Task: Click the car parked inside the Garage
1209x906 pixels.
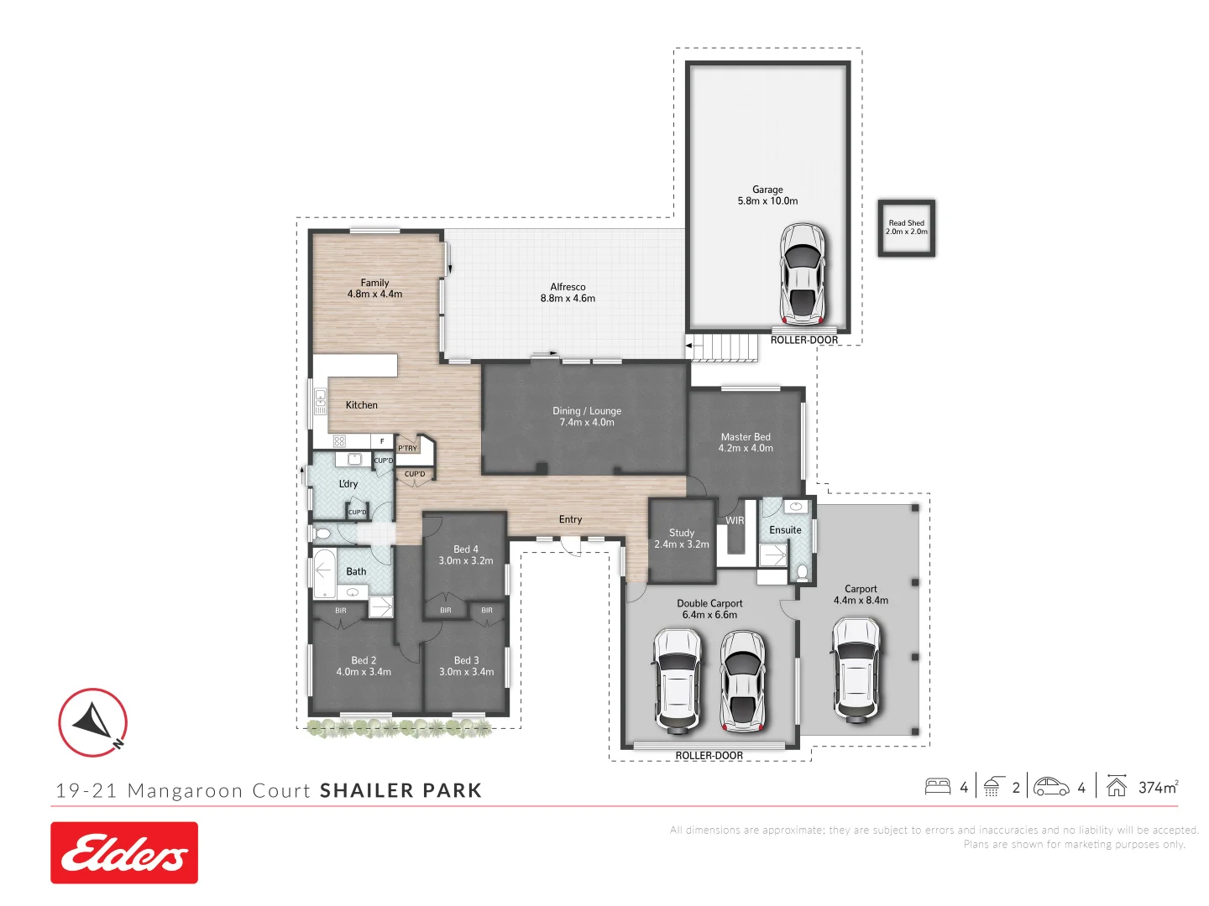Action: click(x=802, y=273)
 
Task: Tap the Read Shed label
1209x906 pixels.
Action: click(x=906, y=227)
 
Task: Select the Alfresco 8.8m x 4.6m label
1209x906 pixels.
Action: click(x=568, y=293)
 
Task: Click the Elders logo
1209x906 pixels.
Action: click(x=124, y=852)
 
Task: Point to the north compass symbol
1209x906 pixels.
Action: click(x=93, y=722)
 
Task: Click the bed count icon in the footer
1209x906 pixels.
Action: click(x=937, y=787)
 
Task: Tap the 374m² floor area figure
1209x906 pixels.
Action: click(x=1158, y=787)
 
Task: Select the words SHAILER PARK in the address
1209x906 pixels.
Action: click(x=400, y=790)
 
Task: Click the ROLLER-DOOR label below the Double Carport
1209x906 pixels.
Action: click(x=709, y=756)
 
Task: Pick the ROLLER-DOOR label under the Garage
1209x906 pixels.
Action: click(x=803, y=340)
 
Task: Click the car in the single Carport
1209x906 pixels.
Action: click(x=856, y=669)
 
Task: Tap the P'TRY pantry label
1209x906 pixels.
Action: click(x=407, y=448)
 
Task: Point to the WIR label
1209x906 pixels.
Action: click(x=735, y=520)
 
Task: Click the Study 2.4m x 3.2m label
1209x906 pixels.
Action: click(x=682, y=539)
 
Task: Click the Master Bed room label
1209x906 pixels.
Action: click(x=746, y=442)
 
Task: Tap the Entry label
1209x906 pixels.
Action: click(x=570, y=519)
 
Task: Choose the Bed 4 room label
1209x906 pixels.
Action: click(x=465, y=555)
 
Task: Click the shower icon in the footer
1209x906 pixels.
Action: click(x=992, y=787)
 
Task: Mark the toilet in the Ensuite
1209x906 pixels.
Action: click(x=802, y=572)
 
